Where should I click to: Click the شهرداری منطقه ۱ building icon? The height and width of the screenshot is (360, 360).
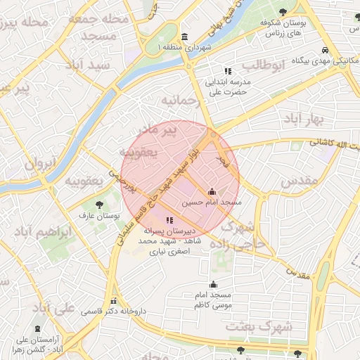pyautogui.click(x=184, y=37)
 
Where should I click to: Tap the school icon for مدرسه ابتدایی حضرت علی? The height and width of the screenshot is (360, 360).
pyautogui.click(x=228, y=71)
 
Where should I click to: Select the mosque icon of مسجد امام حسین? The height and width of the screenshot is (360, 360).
pyautogui.click(x=212, y=191)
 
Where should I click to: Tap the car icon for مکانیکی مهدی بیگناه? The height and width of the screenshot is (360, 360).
pyautogui.click(x=324, y=51)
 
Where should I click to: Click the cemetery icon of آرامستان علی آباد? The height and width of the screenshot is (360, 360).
pyautogui.click(x=37, y=328)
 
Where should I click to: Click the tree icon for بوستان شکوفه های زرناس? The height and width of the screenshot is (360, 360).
pyautogui.click(x=283, y=11)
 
